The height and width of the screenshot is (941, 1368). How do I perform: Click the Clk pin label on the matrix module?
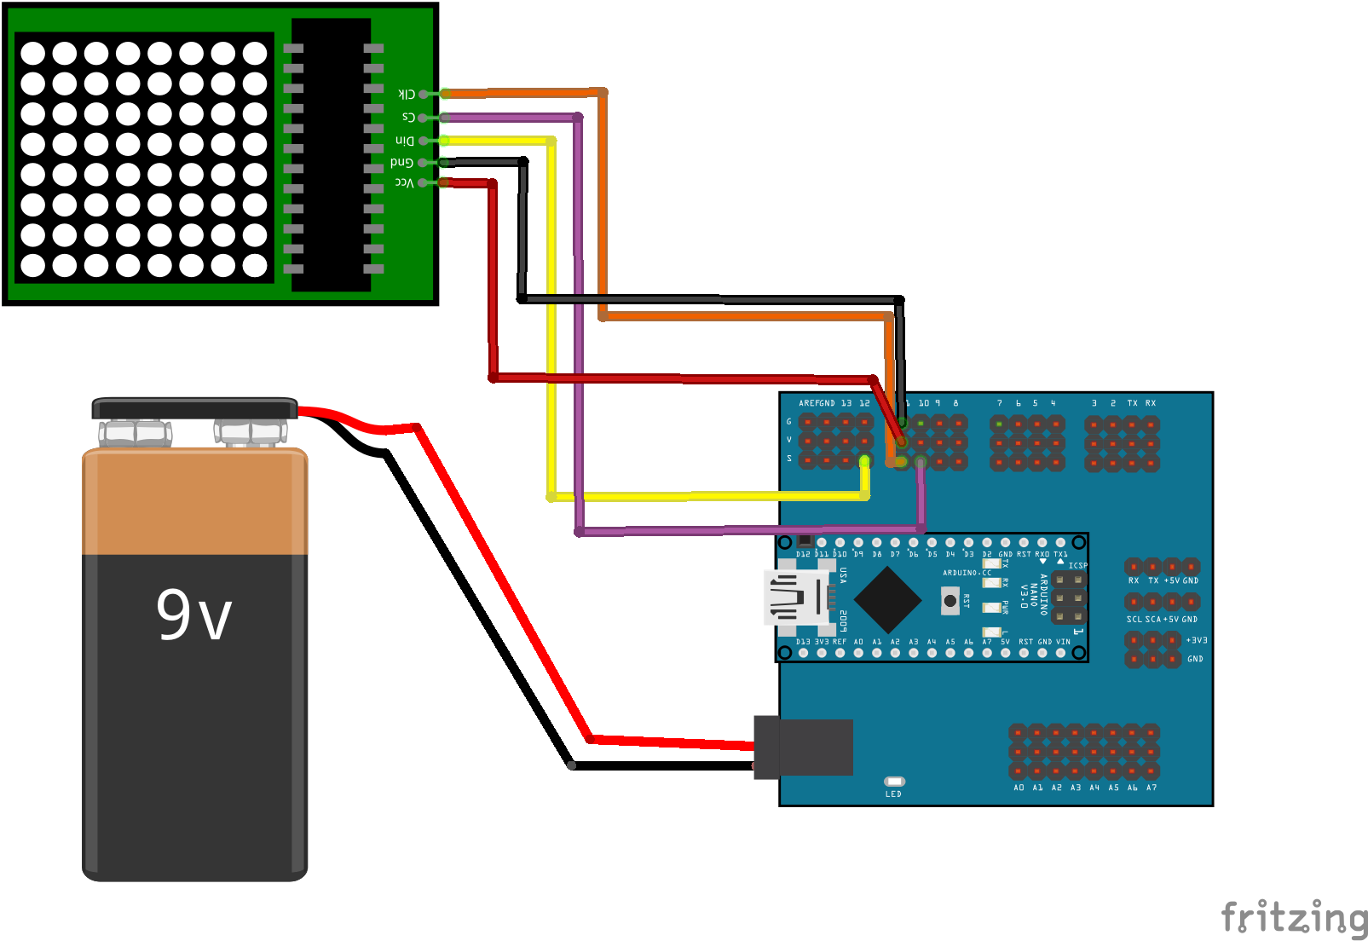tap(407, 94)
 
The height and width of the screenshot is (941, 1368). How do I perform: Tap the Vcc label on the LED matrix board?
tap(404, 182)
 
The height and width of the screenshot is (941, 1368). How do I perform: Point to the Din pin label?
tap(404, 141)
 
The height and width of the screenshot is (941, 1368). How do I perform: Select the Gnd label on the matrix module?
tap(401, 162)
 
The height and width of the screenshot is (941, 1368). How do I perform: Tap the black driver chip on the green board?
tap(332, 153)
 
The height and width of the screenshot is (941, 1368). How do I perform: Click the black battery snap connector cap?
tap(194, 408)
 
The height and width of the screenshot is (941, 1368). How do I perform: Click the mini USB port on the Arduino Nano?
tap(796, 598)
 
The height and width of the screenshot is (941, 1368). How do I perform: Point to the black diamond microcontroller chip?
tap(887, 600)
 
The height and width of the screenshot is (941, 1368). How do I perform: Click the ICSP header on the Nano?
tap(1068, 598)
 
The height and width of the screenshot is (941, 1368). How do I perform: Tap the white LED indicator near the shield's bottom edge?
tap(894, 782)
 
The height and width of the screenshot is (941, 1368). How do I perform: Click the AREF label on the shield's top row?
tap(808, 403)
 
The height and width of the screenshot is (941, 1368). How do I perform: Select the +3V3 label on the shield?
tap(1197, 640)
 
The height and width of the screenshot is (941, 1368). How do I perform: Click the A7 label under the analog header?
tap(1152, 788)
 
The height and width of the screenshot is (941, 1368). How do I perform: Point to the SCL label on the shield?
tap(1134, 620)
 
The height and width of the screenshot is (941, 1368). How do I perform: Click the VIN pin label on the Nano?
tap(1063, 642)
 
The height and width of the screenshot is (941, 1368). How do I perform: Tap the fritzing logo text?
tap(1294, 918)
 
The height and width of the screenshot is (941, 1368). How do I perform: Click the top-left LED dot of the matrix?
tap(32, 53)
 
